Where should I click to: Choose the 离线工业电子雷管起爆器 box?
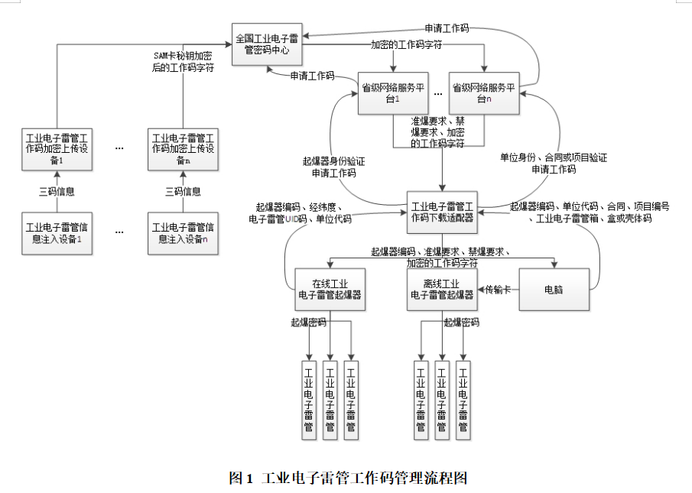(x=442, y=289)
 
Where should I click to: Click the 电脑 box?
(x=554, y=289)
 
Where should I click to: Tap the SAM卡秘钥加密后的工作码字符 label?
(x=184, y=62)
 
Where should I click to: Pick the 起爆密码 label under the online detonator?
(x=308, y=323)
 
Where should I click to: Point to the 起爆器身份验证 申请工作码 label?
(x=333, y=167)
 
